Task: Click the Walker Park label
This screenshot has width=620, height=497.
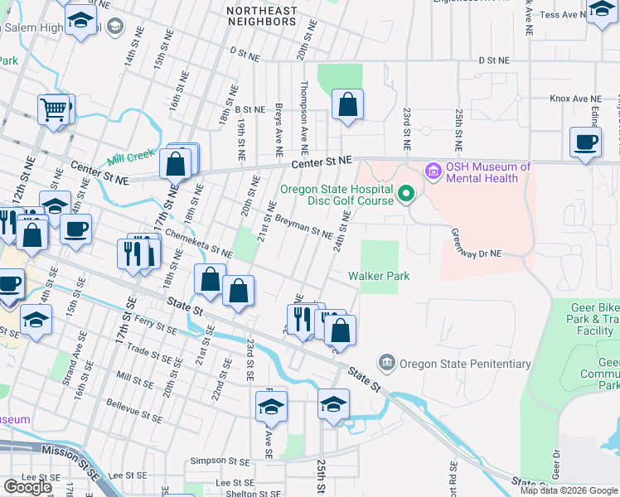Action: [x=379, y=276]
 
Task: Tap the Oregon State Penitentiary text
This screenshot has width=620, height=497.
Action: [x=465, y=363]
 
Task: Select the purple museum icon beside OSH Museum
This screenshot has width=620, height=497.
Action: [x=432, y=171]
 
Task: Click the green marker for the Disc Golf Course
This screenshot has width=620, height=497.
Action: [x=405, y=194]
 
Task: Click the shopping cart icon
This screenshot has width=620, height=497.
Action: [x=53, y=109]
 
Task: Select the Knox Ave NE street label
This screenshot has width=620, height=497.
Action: [x=574, y=98]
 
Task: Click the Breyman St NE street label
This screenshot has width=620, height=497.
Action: [x=304, y=229]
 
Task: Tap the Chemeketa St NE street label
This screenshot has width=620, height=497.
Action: [x=198, y=243]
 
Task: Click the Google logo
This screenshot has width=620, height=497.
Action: [x=27, y=487]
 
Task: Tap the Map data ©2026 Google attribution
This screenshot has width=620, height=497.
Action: [x=568, y=490]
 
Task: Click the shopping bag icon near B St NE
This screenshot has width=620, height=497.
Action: [x=348, y=105]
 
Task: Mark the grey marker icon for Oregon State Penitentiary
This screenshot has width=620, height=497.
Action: [x=386, y=363]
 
